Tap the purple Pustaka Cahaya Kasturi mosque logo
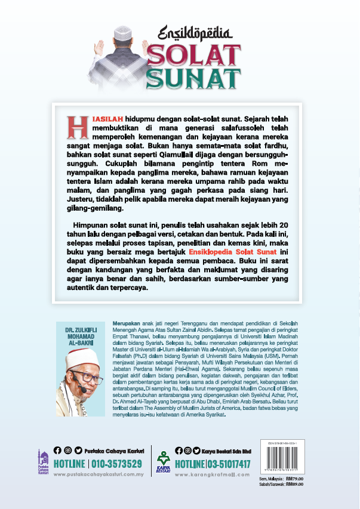41,460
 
